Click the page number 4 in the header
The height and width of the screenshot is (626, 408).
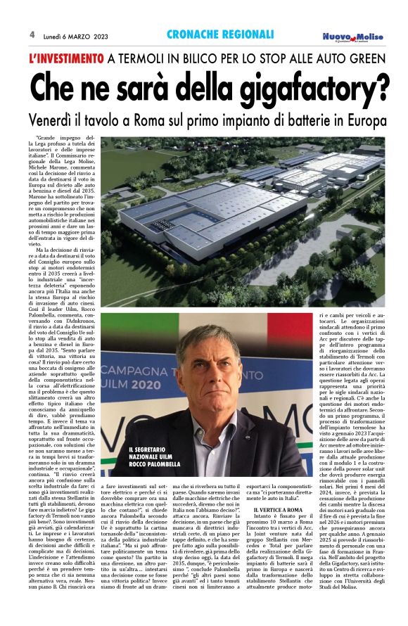pos(32,34)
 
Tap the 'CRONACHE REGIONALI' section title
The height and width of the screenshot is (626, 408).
pos(219,34)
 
